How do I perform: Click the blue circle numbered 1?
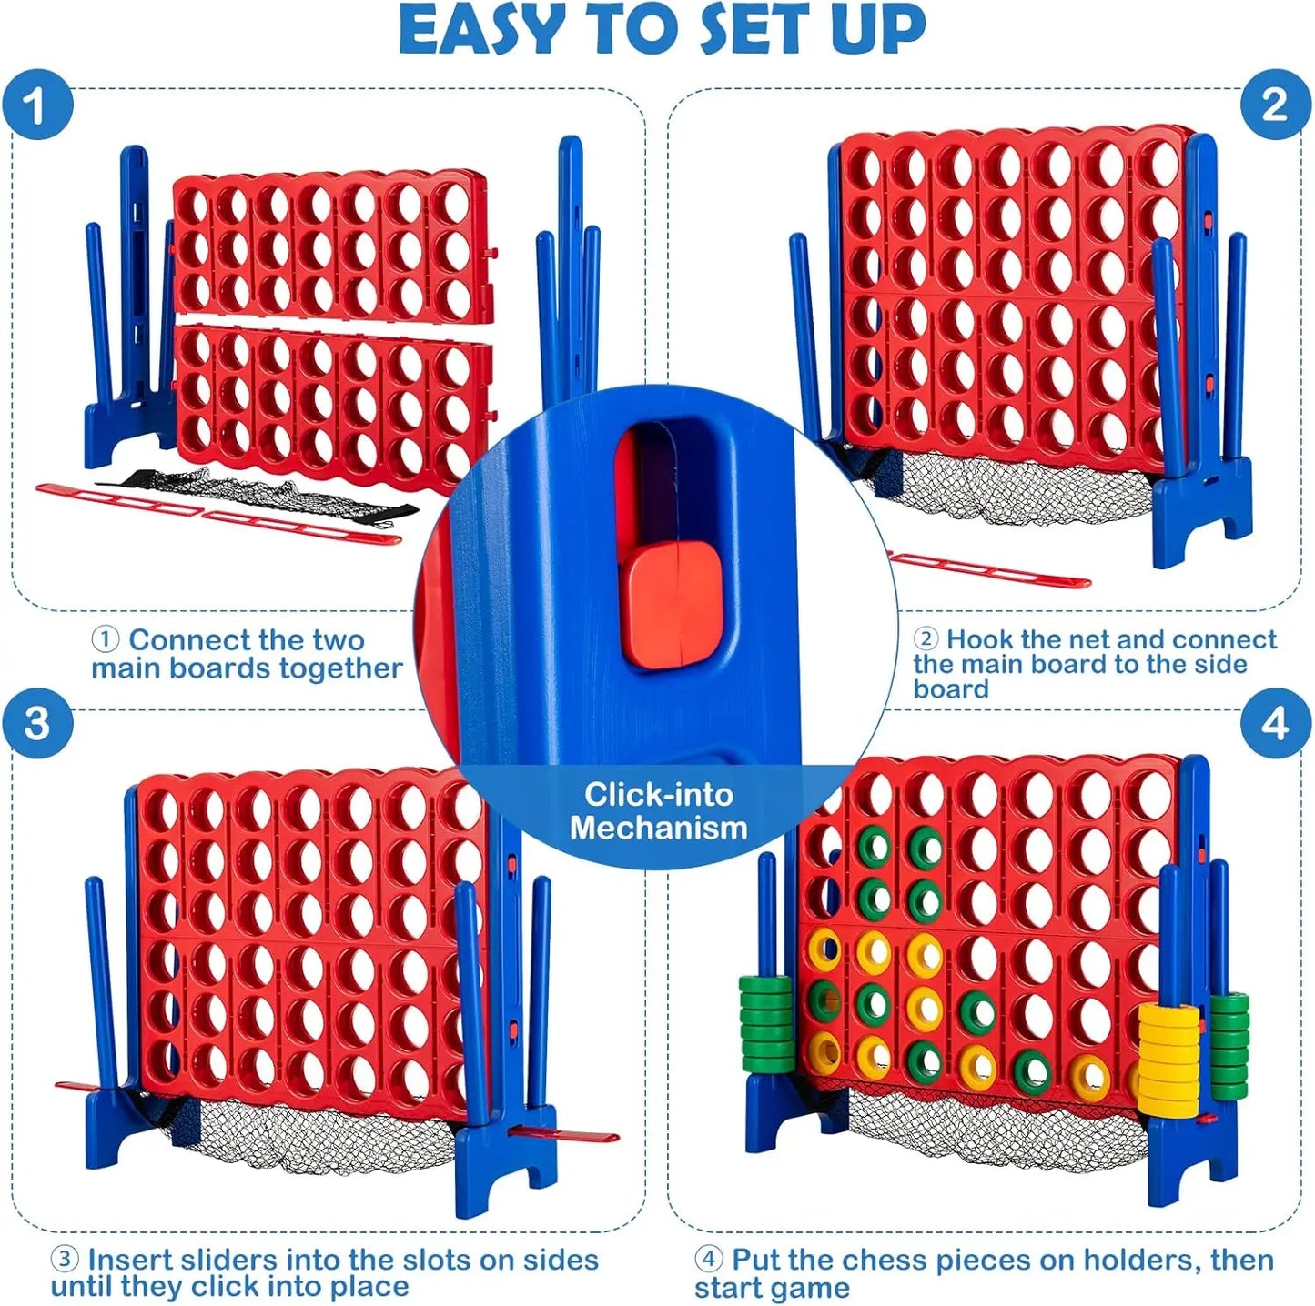point(36,105)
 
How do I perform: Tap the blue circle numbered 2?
point(1275,105)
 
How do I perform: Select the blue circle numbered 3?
point(36,724)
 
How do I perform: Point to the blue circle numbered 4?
point(1275,724)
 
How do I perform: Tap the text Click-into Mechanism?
point(658,810)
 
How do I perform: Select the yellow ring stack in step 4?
point(1168,1060)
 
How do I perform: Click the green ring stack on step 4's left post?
point(765,1022)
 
